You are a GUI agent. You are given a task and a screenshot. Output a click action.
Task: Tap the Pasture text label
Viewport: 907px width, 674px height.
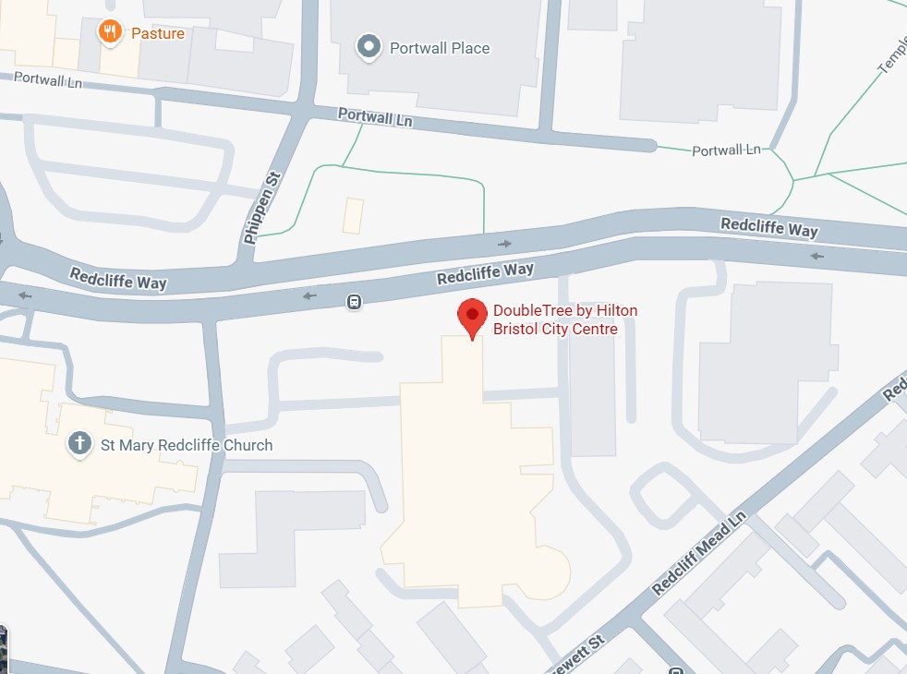158,34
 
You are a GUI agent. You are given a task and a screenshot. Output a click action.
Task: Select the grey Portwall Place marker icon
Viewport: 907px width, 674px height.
369,46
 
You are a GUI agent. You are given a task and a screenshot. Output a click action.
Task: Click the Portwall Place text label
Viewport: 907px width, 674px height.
440,48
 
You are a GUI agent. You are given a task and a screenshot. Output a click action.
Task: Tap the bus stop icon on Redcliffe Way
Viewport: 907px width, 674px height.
354,302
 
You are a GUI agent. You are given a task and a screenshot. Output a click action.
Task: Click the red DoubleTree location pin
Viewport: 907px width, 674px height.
472,317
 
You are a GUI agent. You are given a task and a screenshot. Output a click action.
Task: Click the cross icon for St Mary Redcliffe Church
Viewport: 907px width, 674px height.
80,444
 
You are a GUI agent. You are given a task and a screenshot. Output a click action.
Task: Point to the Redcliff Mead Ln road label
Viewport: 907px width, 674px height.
698,552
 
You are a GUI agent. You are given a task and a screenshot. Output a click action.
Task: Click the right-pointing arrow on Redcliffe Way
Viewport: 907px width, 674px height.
504,244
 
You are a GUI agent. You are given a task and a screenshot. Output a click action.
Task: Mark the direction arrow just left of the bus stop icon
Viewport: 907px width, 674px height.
308,295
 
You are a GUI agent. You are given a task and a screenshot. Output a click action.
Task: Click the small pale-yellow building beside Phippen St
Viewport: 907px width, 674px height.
353,216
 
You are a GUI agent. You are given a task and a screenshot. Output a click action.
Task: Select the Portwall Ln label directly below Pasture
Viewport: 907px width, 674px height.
47,81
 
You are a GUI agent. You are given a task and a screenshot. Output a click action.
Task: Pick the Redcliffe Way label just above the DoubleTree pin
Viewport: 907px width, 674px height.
485,272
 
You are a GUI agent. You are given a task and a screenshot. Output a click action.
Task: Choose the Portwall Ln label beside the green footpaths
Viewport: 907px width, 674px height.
726,150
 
